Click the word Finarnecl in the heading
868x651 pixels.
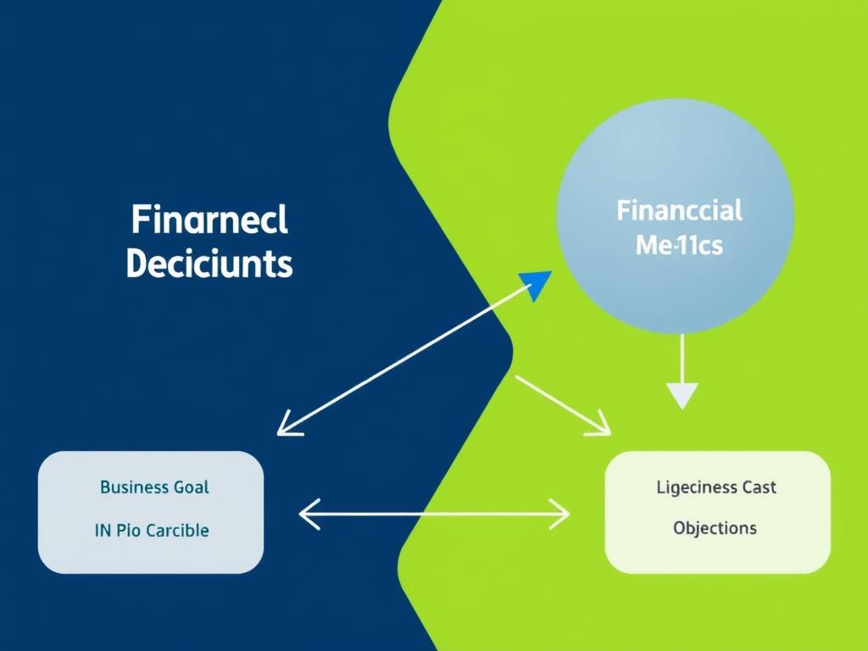pos(209,220)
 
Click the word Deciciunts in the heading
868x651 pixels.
pos(209,264)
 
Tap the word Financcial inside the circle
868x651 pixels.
pos(679,209)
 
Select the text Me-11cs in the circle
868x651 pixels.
pos(679,247)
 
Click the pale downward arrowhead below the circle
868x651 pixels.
pos(682,395)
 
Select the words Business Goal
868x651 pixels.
pos(154,487)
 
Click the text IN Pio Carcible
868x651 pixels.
pos(152,531)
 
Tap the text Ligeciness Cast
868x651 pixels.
pos(716,487)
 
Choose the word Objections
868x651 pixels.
pos(715,527)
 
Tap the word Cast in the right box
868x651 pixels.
pos(759,487)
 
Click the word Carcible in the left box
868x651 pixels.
pos(177,531)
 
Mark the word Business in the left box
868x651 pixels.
pos(132,487)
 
